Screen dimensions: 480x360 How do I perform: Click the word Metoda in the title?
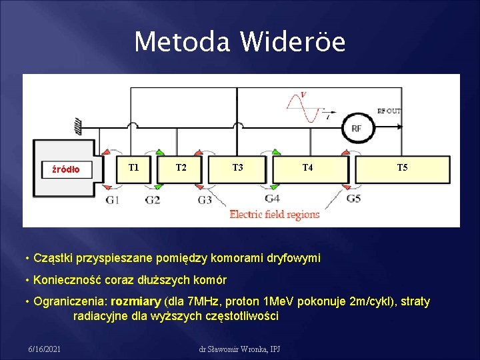coord(181,42)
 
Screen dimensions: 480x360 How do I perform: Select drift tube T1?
coord(133,168)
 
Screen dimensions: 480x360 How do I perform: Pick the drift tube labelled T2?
coord(181,168)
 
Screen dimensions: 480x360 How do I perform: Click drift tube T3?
coord(237,168)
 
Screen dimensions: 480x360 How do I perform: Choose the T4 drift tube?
coord(307,168)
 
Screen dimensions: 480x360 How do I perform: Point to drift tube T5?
coord(402,168)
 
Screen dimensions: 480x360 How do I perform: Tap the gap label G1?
coord(113,200)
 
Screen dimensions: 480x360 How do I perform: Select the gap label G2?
coord(152,200)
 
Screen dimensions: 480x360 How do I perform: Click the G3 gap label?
coord(205,200)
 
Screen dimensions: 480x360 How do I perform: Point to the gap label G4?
coord(272,199)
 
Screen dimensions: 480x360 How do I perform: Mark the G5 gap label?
coord(353,199)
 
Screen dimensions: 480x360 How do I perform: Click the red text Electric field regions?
coord(275,214)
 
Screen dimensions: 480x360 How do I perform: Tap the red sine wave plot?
coord(304,106)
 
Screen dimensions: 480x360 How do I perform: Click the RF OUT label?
coord(389,111)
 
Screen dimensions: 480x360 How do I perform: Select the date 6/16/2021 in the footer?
coord(45,349)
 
